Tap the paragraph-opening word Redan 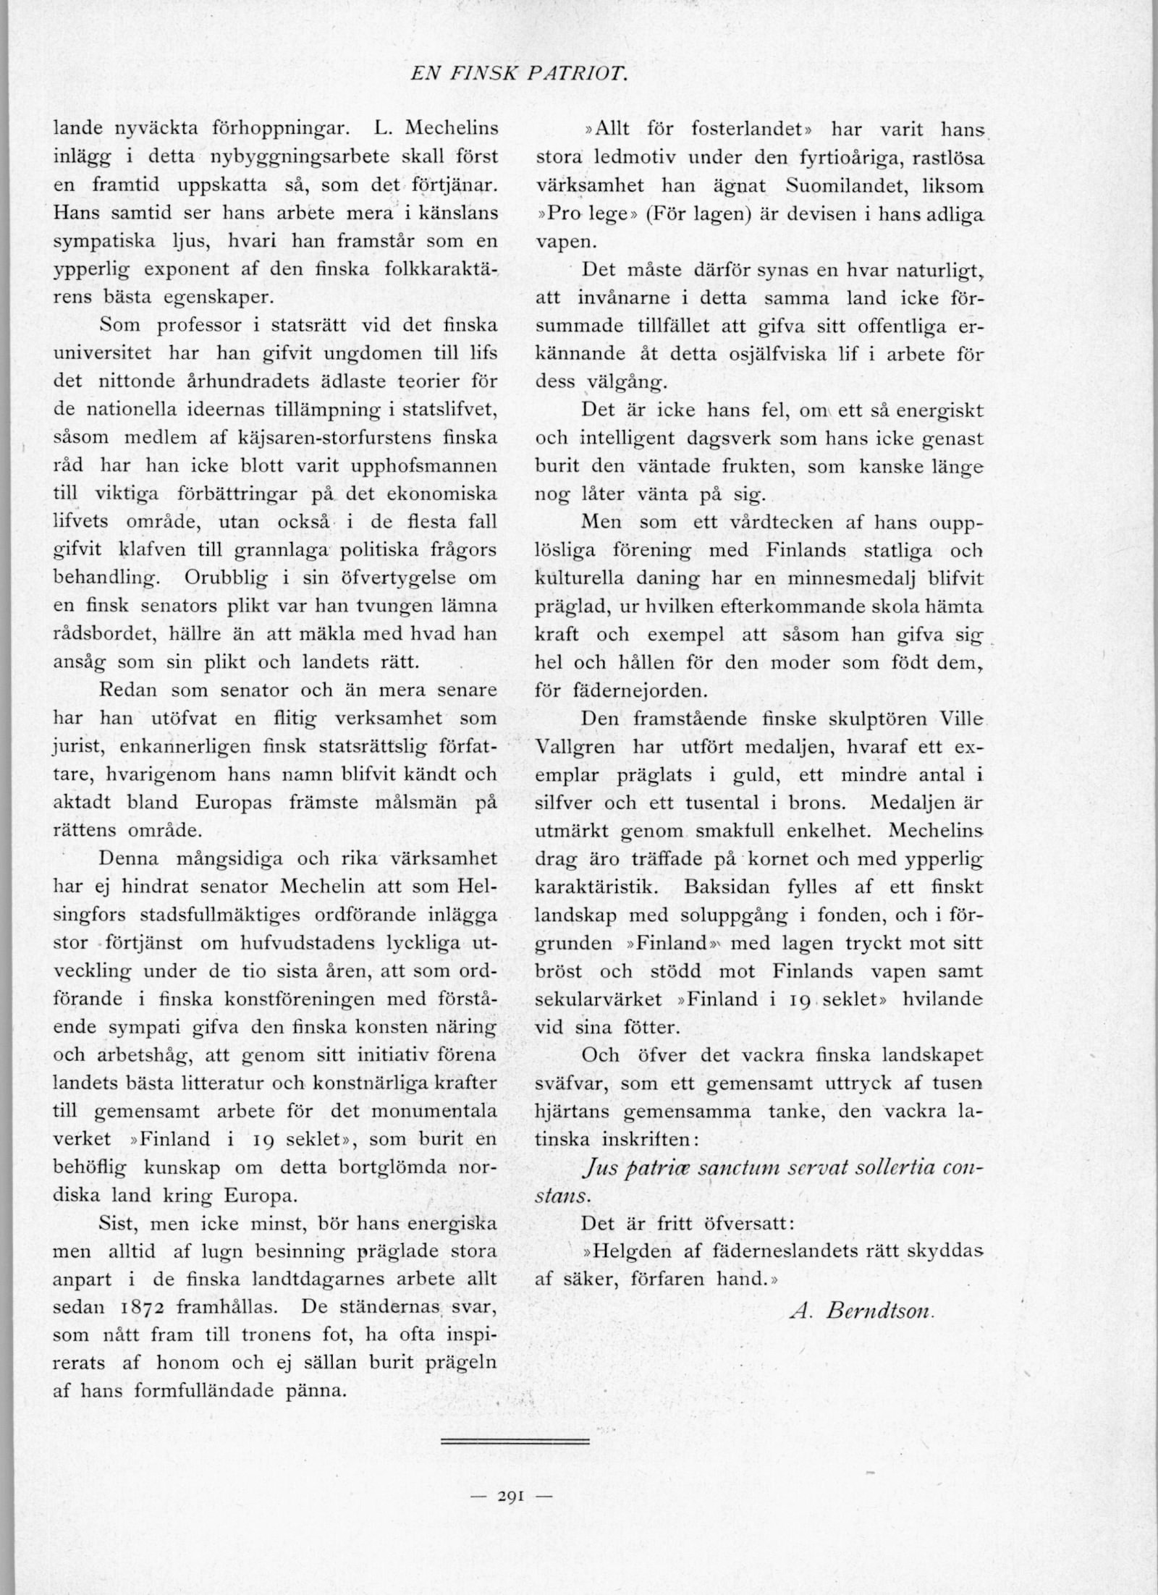tap(128, 690)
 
